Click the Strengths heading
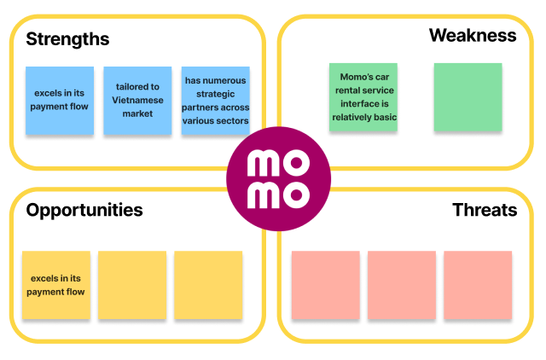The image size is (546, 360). pos(67,39)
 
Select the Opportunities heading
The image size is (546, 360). pos(84,210)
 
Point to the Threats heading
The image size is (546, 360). pos(485,210)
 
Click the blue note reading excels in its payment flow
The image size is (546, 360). pos(59,100)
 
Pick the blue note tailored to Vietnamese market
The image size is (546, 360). pos(137,100)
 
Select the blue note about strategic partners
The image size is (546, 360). pos(216,100)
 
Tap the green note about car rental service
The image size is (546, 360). pos(363,96)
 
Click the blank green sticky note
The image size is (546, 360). pos(468,96)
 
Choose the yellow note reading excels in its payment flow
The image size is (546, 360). pos(55,285)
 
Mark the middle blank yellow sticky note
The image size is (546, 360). pos(132,285)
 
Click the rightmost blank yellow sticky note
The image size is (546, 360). pos(208,285)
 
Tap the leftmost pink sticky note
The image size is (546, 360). pos(325,285)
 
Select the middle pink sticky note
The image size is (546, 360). pos(402,285)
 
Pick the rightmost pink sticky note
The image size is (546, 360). pos(478,285)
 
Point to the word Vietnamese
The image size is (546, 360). pos(137,100)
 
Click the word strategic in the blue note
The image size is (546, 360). pos(216,95)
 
